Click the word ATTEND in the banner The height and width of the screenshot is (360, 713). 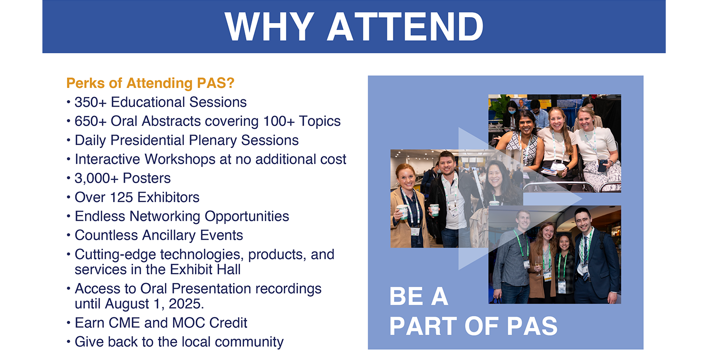click(405, 27)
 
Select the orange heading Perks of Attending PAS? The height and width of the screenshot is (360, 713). click(150, 83)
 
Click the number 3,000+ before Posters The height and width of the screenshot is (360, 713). click(96, 178)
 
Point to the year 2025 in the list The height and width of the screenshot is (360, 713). click(186, 303)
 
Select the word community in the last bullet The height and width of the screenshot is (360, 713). click(249, 342)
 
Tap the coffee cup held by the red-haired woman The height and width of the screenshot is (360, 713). click(402, 212)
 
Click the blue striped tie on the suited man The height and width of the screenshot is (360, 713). click(585, 258)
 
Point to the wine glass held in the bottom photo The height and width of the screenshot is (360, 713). click(538, 265)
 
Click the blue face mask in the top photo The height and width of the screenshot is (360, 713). click(512, 112)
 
